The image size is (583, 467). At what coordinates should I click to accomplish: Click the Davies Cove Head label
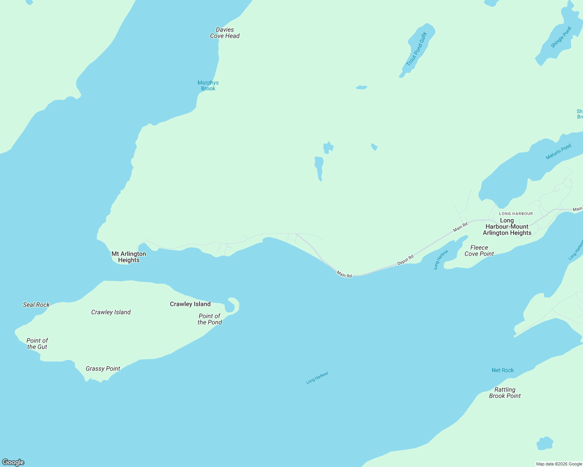(x=225, y=33)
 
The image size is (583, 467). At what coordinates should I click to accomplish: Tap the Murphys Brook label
(x=208, y=86)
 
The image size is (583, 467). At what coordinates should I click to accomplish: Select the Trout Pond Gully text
(x=417, y=49)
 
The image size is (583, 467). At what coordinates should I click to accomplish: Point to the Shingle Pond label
(x=561, y=37)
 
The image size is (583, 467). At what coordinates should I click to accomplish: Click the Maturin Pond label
(x=558, y=151)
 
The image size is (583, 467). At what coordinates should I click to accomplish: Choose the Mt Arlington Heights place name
(x=129, y=257)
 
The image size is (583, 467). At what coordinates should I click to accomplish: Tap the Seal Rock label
(x=36, y=305)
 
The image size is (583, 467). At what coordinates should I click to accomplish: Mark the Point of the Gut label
(x=37, y=344)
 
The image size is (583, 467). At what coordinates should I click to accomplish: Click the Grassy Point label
(x=103, y=369)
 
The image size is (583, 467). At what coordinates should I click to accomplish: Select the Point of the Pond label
(x=210, y=319)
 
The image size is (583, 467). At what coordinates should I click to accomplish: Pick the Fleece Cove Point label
(x=479, y=251)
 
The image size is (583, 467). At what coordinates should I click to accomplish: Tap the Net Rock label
(x=503, y=370)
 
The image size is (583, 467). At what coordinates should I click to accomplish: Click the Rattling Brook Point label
(x=505, y=393)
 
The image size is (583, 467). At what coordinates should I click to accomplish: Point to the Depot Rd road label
(x=405, y=260)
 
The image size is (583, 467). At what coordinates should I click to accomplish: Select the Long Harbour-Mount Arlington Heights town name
(x=507, y=226)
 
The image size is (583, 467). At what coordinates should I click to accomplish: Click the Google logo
(x=13, y=462)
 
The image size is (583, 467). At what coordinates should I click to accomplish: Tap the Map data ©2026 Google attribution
(x=559, y=464)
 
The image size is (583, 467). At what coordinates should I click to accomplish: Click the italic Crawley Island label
(x=111, y=312)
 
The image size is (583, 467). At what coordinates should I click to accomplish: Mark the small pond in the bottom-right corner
(x=545, y=444)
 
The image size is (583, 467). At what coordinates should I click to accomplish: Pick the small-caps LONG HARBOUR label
(x=516, y=214)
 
